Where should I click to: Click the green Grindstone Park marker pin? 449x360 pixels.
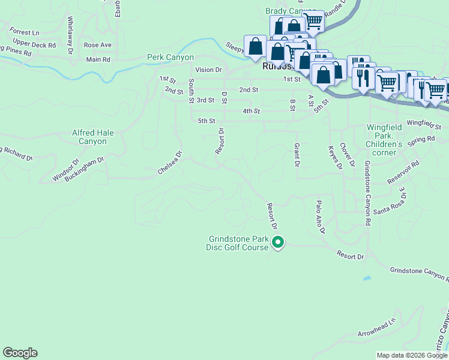(278, 243)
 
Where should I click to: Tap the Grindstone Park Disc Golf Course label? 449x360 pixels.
(237, 243)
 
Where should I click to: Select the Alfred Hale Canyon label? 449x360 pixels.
(89, 137)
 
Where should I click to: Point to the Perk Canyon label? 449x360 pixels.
(170, 58)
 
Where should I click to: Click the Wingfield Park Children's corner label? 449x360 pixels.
(384, 140)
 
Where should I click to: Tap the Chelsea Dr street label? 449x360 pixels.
(170, 162)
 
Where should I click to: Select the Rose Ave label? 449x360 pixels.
(98, 45)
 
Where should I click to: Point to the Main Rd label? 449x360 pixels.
(98, 59)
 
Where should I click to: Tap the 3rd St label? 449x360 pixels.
(205, 100)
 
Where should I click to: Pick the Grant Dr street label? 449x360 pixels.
(297, 155)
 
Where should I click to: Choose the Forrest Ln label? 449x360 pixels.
(24, 31)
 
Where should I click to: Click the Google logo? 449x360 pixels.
(20, 353)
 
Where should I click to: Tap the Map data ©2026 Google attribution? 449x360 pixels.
(412, 355)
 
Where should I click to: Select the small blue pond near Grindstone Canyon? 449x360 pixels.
(366, 278)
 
